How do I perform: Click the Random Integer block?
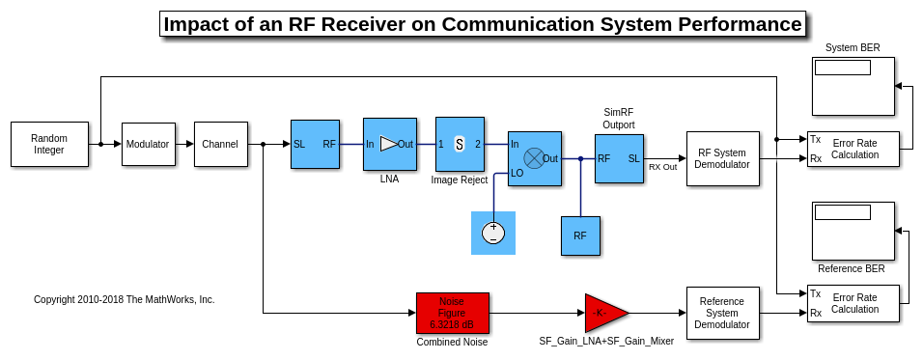tap(49, 144)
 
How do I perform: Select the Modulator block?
tap(149, 144)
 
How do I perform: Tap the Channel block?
tap(220, 144)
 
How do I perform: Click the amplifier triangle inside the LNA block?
tap(388, 144)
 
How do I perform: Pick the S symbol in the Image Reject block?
tap(460, 144)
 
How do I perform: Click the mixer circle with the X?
tap(534, 157)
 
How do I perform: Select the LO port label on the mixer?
tap(517, 174)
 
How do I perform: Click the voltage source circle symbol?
tap(493, 233)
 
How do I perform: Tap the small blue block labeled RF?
tap(580, 235)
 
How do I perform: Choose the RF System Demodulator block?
tap(722, 159)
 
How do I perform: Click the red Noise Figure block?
tap(452, 313)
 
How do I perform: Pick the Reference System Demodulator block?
tap(722, 313)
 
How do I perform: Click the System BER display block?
tap(853, 86)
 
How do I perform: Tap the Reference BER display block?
tap(853, 231)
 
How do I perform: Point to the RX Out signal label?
tap(663, 166)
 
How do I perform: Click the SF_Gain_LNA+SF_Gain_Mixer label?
tap(606, 341)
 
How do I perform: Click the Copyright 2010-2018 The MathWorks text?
tap(125, 299)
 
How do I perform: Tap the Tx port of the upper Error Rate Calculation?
tap(815, 139)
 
